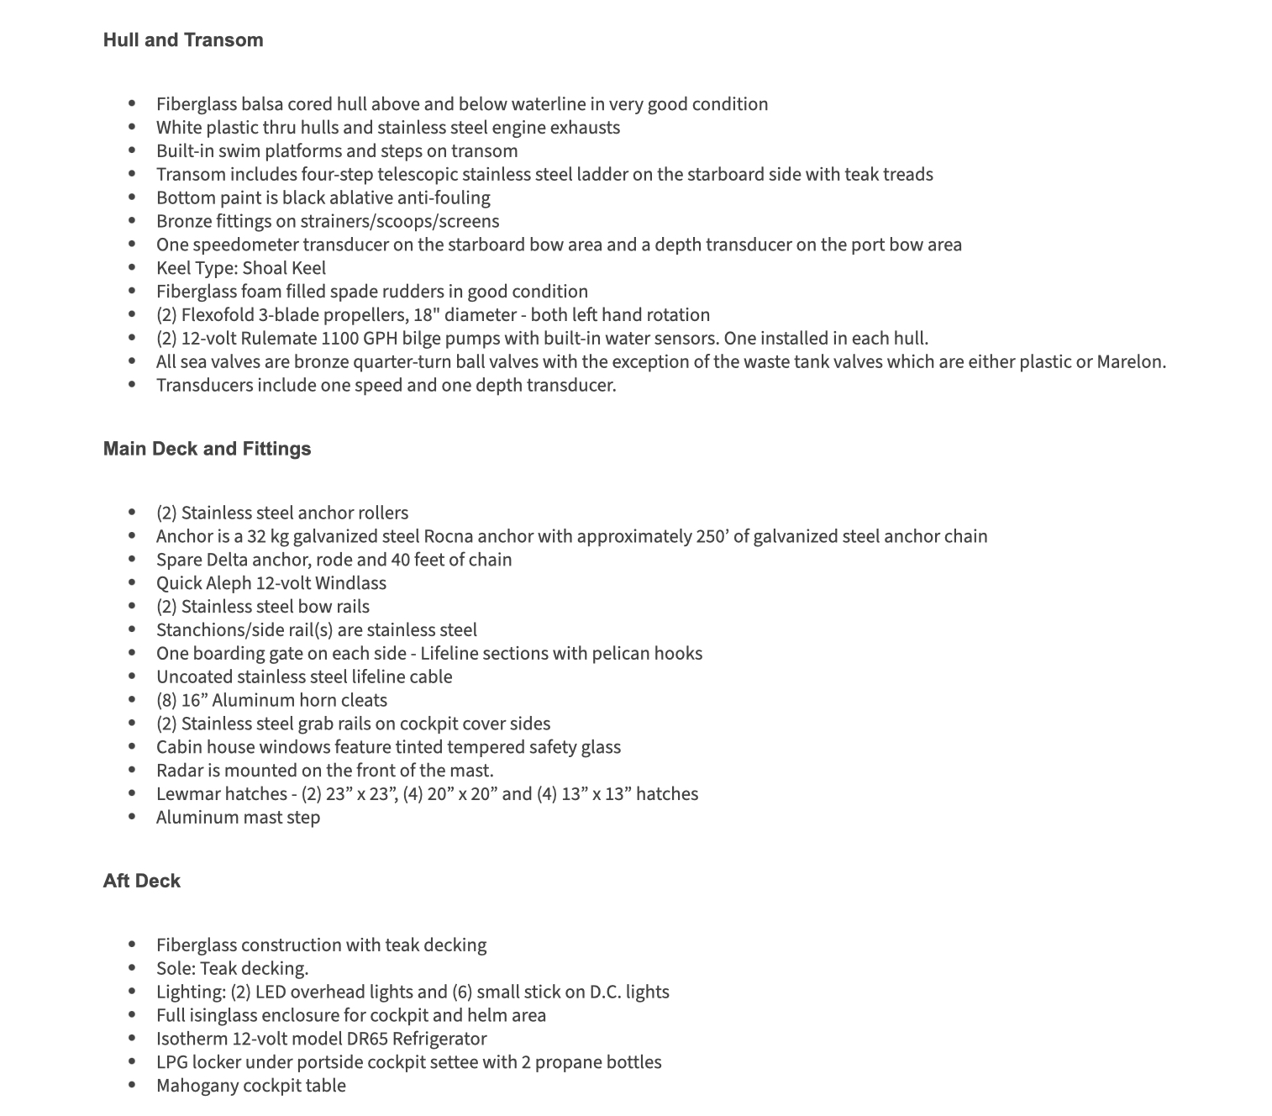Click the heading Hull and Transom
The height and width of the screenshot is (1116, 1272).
(x=183, y=40)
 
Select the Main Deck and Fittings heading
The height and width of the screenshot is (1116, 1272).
(x=207, y=449)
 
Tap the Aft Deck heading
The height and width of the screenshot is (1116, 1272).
(x=142, y=881)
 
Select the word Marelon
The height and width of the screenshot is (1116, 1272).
(x=1130, y=362)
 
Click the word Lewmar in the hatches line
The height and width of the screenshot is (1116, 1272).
(x=187, y=794)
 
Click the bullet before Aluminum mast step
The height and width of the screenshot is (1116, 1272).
(x=132, y=818)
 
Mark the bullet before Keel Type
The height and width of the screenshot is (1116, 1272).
(x=132, y=268)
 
